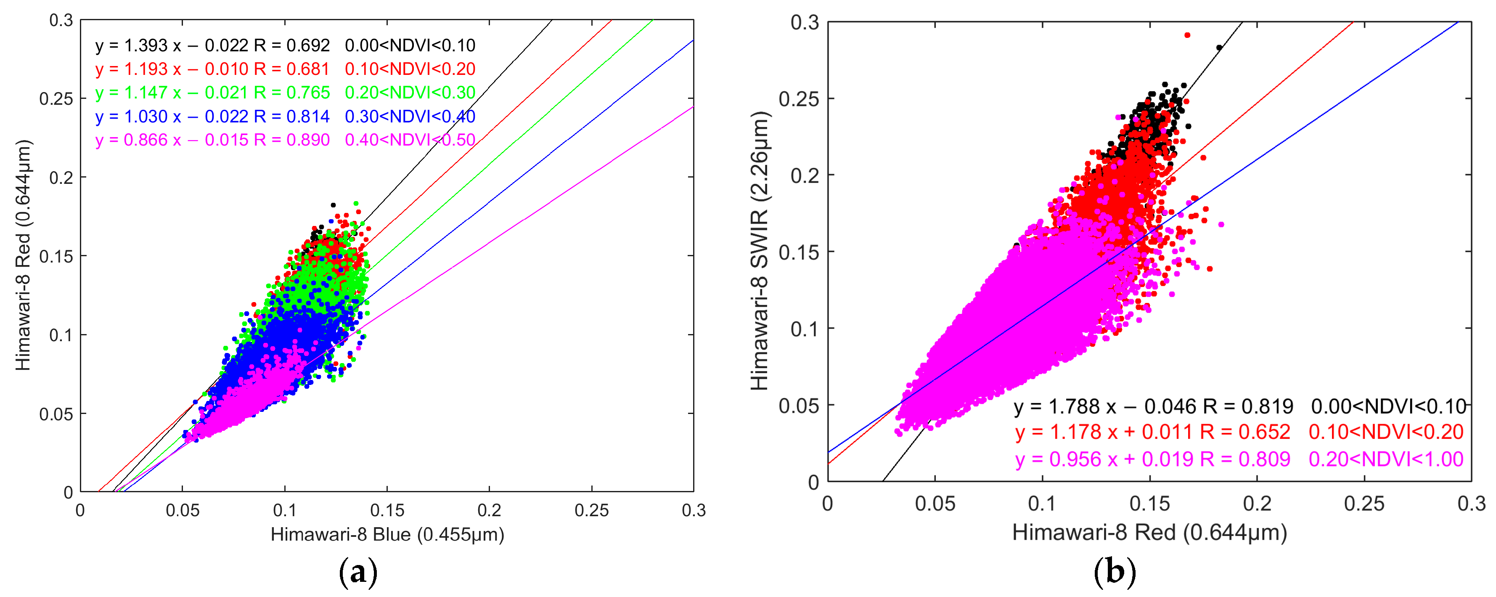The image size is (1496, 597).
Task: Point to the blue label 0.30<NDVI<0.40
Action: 410,116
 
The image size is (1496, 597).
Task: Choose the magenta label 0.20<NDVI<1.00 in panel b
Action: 1386,459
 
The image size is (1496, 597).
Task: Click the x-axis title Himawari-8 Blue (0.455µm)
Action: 387,534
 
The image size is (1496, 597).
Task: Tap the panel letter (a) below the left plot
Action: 358,572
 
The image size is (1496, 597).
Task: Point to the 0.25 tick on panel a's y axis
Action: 56,99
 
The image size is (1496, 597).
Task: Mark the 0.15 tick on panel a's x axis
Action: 387,510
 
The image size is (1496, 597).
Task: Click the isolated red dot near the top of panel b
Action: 1187,35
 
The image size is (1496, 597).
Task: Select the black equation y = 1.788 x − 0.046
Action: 1153,406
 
